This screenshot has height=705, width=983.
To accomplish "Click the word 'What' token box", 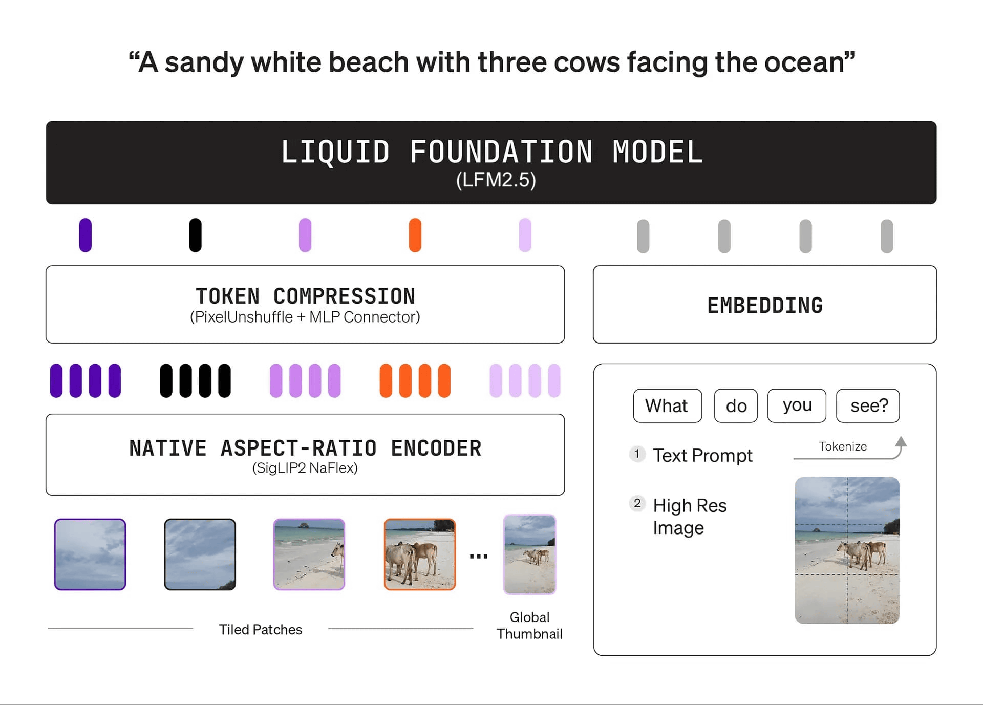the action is point(667,405).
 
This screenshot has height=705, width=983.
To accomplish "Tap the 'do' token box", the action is point(736,405).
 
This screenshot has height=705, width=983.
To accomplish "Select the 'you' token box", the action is point(797,405).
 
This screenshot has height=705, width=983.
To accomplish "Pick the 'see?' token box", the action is point(868,405).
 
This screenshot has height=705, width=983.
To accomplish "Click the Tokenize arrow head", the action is point(901,442).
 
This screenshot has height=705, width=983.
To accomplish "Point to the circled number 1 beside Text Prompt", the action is point(637,454).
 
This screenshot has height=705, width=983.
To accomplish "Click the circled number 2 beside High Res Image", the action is point(637,503).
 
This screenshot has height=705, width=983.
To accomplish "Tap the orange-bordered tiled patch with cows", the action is point(420,554).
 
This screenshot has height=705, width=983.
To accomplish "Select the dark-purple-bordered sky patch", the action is point(90,554).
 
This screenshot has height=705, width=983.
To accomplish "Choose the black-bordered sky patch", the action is point(200,554).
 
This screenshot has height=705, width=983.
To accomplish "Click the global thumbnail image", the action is point(529,554).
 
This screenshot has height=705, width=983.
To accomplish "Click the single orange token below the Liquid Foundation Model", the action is point(415,235).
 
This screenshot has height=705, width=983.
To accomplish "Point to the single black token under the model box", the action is point(195,235).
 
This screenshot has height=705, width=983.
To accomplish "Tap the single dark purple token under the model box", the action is point(86,235).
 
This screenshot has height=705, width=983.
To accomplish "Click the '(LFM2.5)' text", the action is point(496,180).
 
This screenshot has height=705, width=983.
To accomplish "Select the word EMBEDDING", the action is point(765,306).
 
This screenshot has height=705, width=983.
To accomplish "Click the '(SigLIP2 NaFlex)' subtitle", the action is point(305,468).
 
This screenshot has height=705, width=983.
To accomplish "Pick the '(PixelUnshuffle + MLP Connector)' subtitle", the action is point(305,317).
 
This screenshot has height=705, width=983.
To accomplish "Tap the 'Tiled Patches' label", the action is point(261,629).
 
